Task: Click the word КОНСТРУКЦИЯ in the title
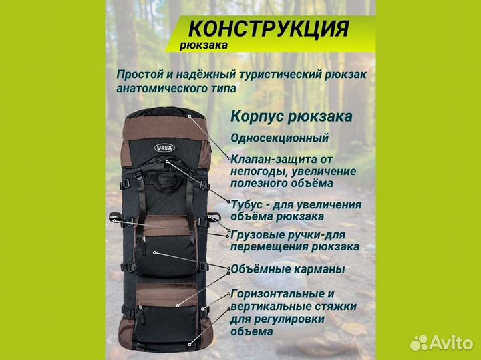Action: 269,29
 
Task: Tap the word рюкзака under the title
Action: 204,45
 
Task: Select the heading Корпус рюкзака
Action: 291,116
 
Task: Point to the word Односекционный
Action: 279,138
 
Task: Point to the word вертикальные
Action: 270,306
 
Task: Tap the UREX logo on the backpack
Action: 164,148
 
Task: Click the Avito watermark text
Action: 451,342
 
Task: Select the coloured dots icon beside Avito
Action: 419,342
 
